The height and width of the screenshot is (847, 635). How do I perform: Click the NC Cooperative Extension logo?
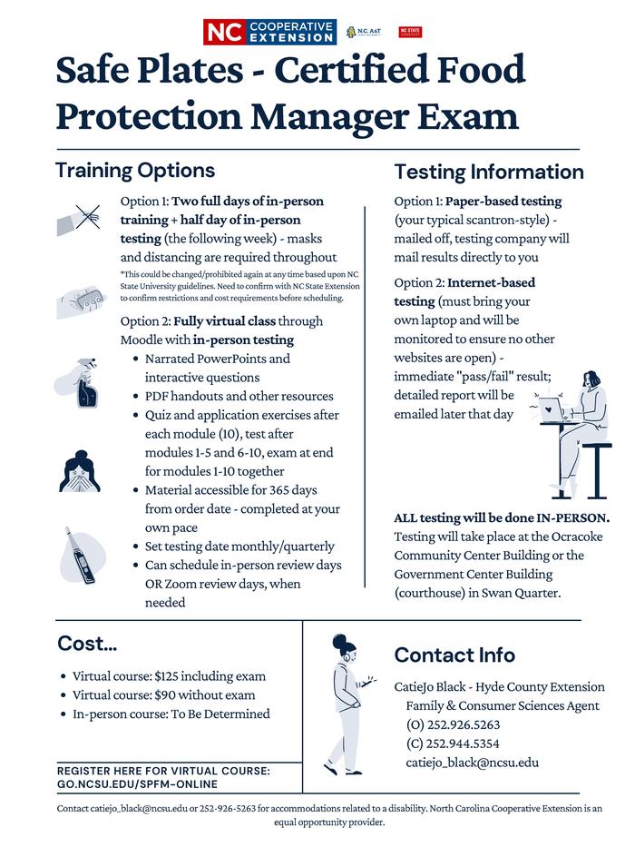pyautogui.click(x=269, y=32)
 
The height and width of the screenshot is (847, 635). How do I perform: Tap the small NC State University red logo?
pyautogui.click(x=410, y=33)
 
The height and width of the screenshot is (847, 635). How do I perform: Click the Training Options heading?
pyautogui.click(x=135, y=170)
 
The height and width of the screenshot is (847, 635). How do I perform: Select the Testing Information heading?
pyautogui.click(x=489, y=172)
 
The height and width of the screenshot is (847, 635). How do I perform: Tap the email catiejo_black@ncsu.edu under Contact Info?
pyautogui.click(x=472, y=763)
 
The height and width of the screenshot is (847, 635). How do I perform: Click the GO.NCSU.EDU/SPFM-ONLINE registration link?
pyautogui.click(x=137, y=783)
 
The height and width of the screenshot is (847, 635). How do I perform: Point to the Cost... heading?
pyautogui.click(x=88, y=644)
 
